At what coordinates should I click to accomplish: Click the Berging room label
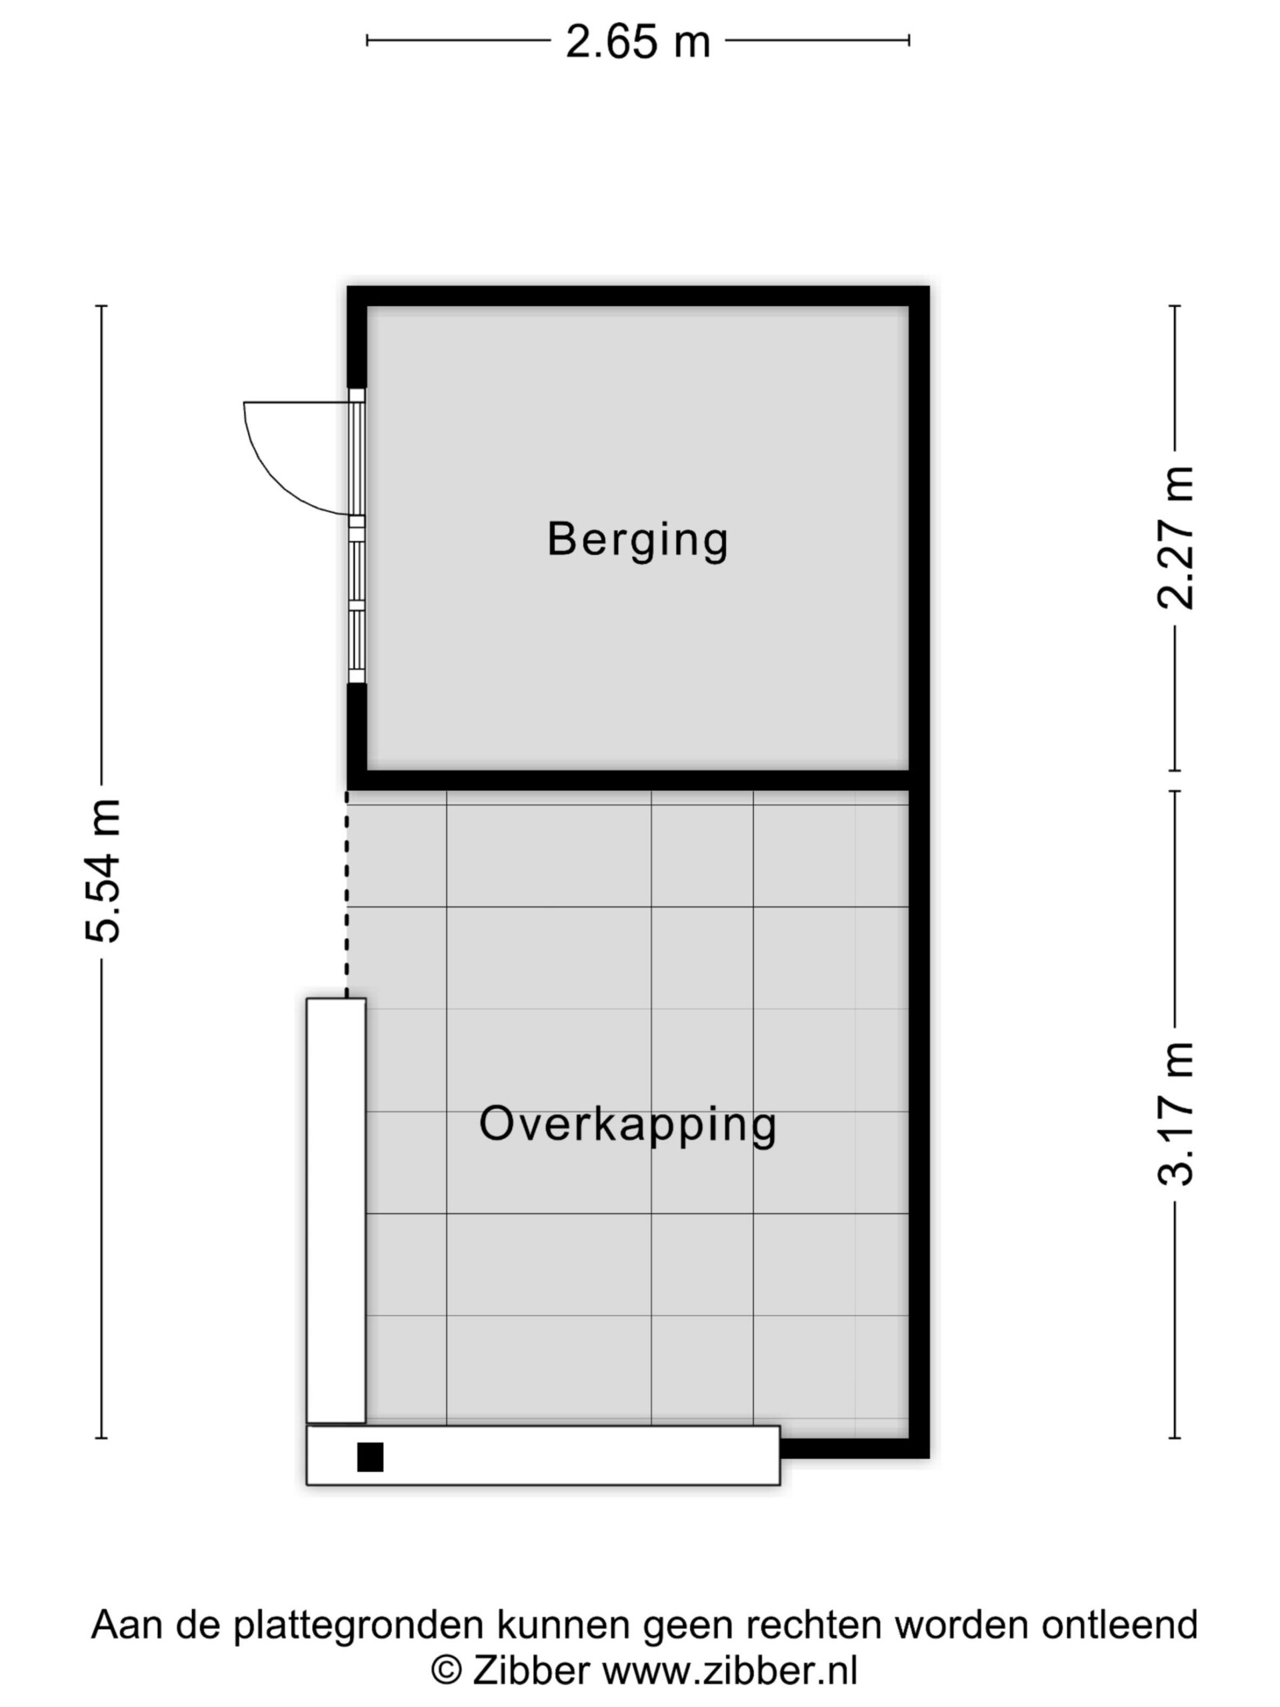tap(637, 539)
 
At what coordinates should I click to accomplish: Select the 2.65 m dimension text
tap(637, 41)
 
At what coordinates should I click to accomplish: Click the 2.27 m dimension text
tap(1175, 538)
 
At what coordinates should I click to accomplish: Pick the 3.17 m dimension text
tap(1175, 1114)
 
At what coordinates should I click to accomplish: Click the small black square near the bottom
tap(371, 1457)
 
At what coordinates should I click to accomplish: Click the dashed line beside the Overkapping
tap(347, 894)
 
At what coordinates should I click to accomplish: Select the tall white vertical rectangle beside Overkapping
tap(335, 1211)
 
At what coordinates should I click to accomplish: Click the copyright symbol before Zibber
tap(446, 1670)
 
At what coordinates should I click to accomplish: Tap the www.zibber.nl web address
tap(730, 1669)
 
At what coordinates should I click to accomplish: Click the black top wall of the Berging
tap(638, 295)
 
